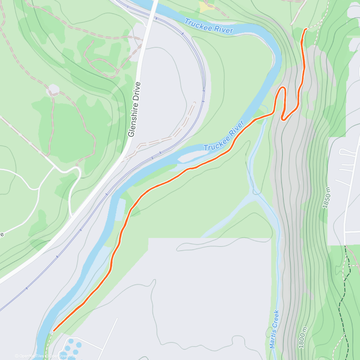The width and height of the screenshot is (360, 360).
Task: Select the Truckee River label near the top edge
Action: (209, 26)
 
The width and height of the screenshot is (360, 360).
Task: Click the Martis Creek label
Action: (274, 329)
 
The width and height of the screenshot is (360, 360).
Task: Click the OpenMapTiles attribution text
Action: (29, 356)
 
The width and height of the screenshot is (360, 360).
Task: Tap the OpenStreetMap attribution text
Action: (62, 356)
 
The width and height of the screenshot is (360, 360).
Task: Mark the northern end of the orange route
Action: (306, 29)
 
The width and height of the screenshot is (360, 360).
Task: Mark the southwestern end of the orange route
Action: (54, 331)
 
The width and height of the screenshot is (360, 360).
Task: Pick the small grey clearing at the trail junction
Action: (54, 89)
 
